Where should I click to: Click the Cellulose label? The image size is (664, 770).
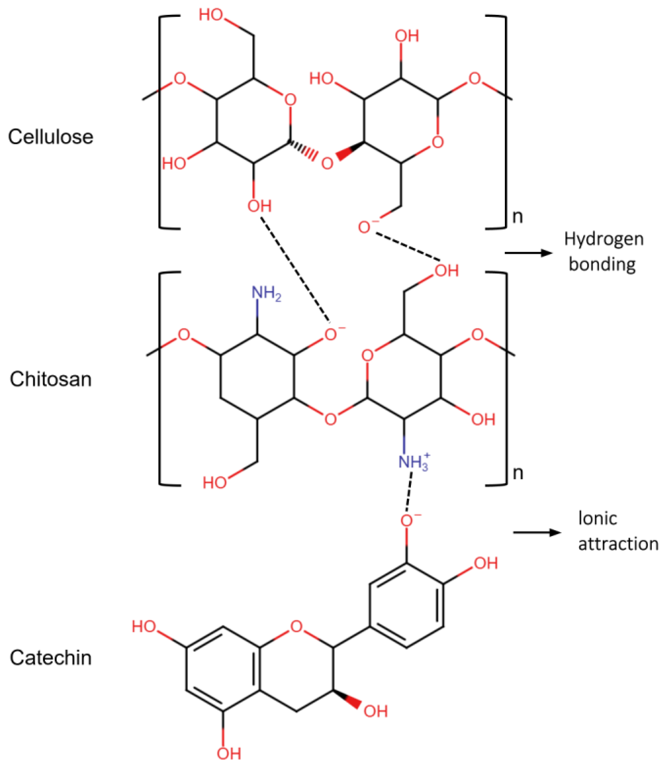tap(50, 137)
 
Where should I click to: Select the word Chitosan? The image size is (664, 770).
tap(50, 379)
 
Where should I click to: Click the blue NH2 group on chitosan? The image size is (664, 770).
tap(266, 294)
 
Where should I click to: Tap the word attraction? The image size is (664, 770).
tap(618, 544)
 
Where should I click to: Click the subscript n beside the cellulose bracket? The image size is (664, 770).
tap(518, 217)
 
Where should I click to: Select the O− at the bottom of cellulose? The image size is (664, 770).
tap(366, 227)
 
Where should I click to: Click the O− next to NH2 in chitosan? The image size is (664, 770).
tap(333, 334)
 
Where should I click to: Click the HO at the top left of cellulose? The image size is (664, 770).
tap(211, 15)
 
